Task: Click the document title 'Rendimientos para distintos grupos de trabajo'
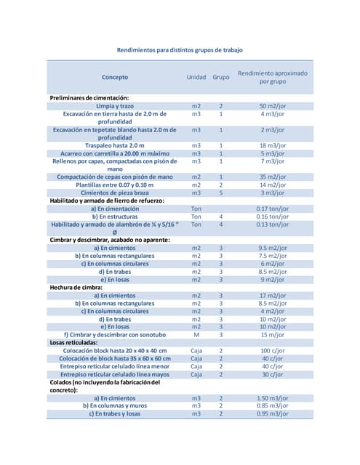pos(180,50)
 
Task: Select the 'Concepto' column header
pos(115,77)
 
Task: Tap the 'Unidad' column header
pos(196,77)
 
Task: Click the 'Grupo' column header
pos(221,77)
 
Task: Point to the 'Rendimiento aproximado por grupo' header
pos(273,77)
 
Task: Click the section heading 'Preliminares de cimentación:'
pos(89,98)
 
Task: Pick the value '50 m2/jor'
pos(273,106)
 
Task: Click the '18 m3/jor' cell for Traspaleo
pos(273,145)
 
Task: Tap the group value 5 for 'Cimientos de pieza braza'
pos(221,193)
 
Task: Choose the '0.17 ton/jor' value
pos(273,209)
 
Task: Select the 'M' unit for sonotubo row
pos(196,334)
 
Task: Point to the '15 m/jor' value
pos(273,334)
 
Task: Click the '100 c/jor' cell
pos(273,350)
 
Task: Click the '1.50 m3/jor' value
pos(273,398)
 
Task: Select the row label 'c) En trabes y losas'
pos(115,413)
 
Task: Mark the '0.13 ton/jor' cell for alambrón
pos(273,225)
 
